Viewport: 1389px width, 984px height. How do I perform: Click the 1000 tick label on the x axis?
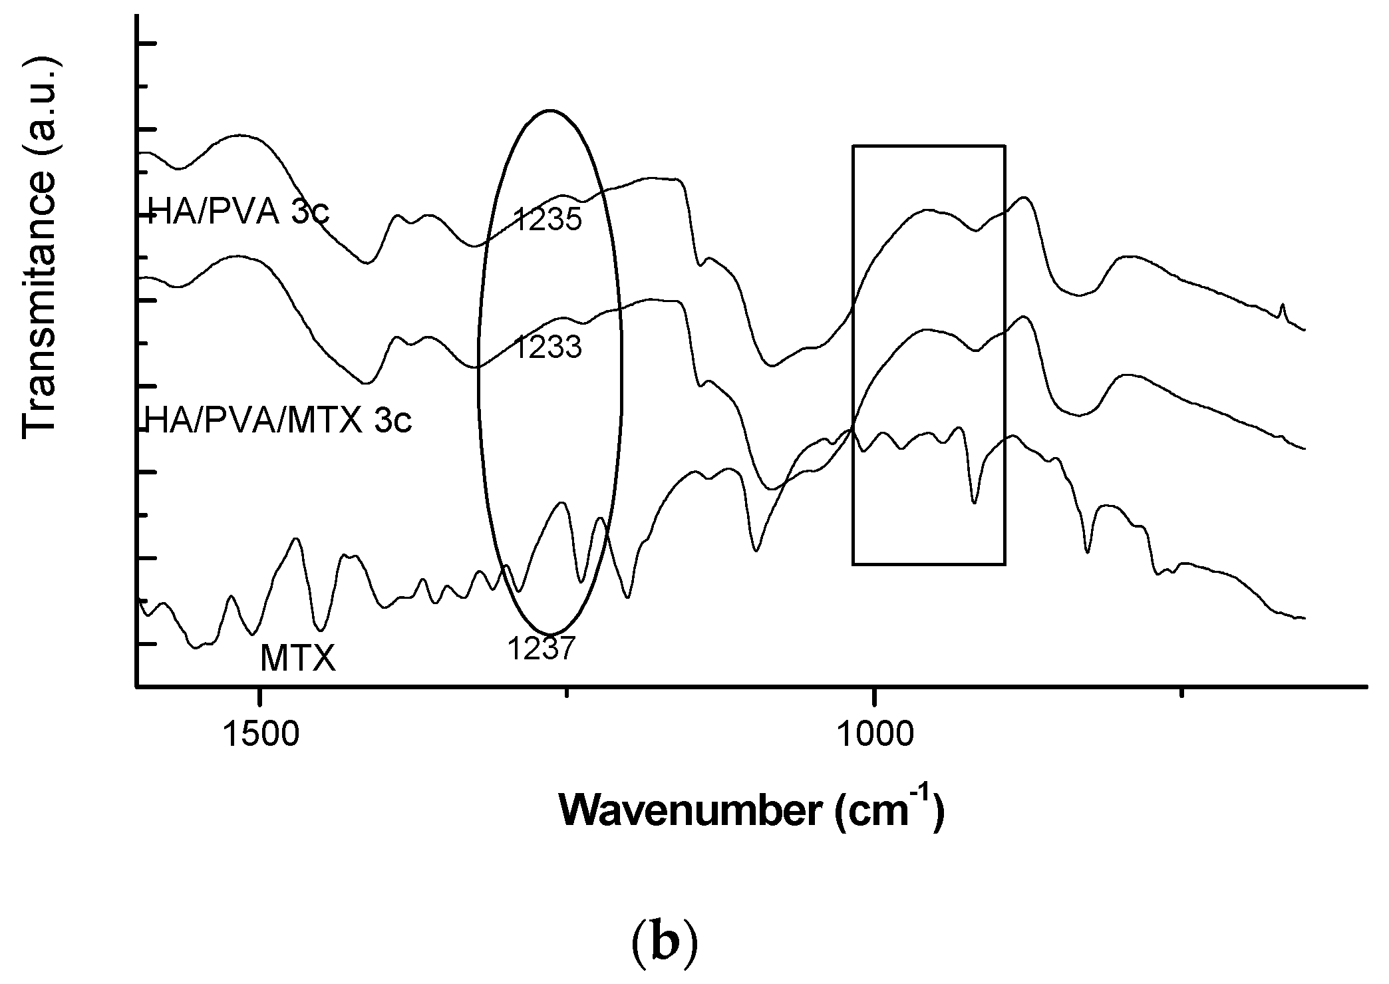point(874,737)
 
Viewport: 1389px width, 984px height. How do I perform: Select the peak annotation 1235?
point(547,220)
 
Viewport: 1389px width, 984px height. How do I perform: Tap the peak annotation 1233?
point(547,347)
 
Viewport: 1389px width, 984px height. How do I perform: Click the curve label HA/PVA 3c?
point(239,214)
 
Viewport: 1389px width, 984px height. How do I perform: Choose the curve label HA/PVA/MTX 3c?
point(278,420)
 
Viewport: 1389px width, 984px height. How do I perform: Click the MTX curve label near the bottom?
point(297,659)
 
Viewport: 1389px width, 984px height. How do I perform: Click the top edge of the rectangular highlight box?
point(929,146)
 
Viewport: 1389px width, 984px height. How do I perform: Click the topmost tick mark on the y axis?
point(147,44)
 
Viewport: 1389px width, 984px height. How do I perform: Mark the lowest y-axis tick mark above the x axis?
point(147,644)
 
